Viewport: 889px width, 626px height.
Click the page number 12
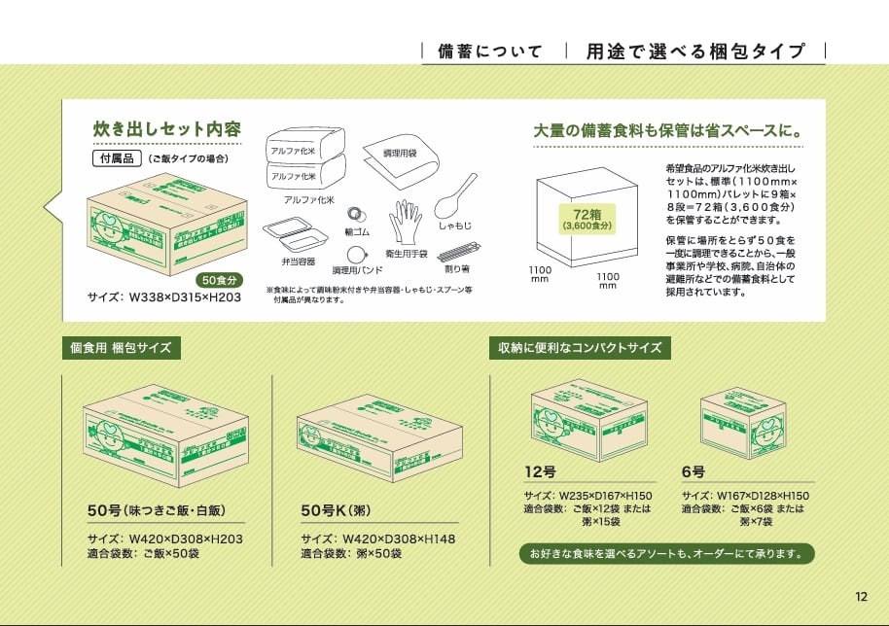[861, 597]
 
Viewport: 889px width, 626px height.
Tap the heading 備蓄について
[489, 52]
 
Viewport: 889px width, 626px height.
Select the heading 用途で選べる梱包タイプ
[695, 52]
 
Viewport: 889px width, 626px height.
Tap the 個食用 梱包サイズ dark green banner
[123, 347]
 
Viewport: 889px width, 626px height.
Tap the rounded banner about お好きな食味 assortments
[666, 554]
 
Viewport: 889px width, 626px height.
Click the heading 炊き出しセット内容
[166, 128]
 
